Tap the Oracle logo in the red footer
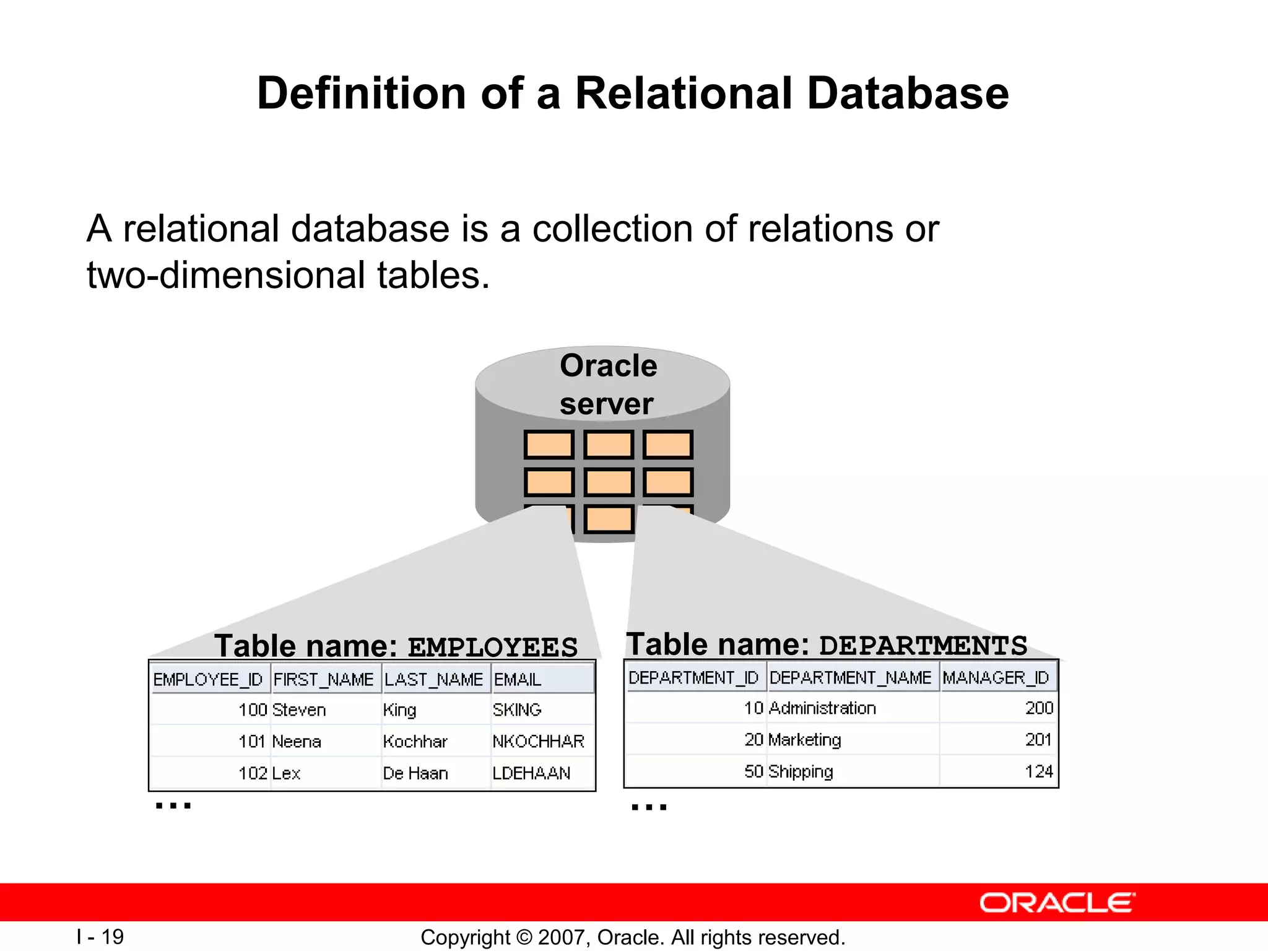click(1057, 903)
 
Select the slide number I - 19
click(100, 937)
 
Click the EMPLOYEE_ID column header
click(208, 679)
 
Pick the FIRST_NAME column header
click(324, 679)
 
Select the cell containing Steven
click(299, 710)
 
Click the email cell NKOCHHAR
click(538, 741)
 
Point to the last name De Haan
click(415, 773)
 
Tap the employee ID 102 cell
click(253, 773)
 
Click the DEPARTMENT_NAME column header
click(850, 677)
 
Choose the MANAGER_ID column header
click(996, 677)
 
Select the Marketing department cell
click(804, 740)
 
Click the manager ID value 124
click(1038, 771)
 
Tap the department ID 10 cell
click(753, 708)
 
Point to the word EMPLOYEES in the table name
click(493, 648)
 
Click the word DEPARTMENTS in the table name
click(923, 646)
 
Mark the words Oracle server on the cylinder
click(607, 384)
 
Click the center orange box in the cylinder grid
click(609, 482)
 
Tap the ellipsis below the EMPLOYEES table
click(173, 805)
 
